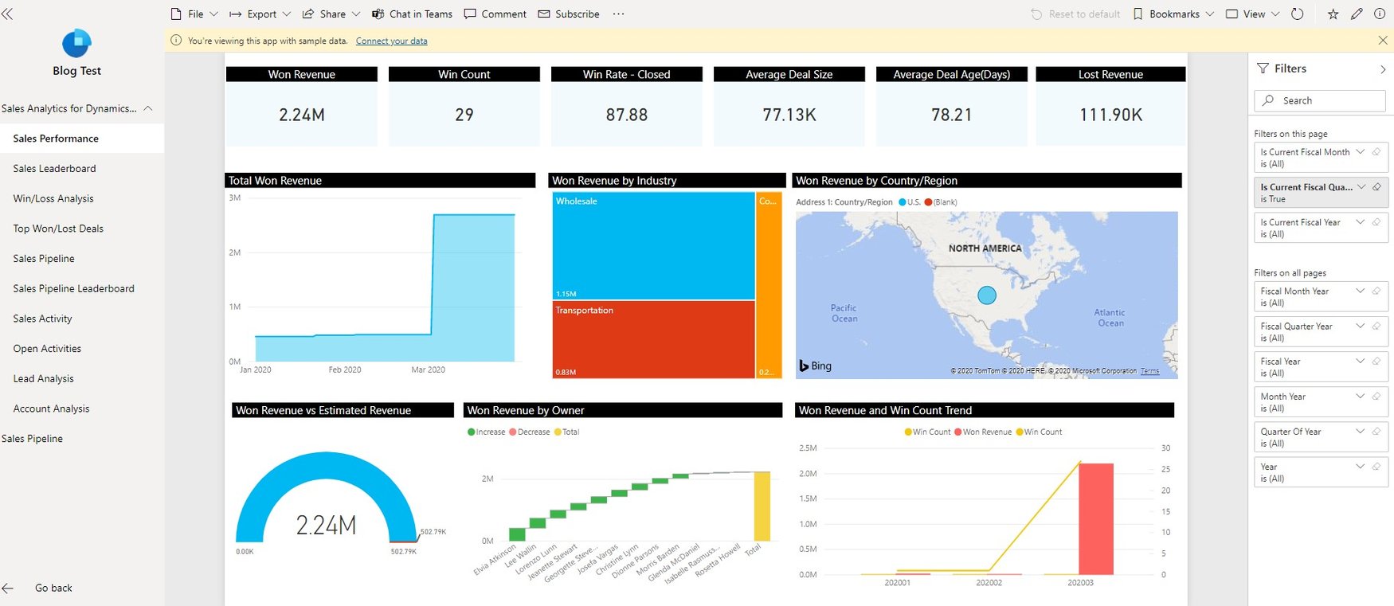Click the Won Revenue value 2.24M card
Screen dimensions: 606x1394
click(302, 115)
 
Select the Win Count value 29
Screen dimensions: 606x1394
click(464, 115)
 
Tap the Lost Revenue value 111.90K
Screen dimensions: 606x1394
click(1110, 115)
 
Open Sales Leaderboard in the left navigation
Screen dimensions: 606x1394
click(54, 169)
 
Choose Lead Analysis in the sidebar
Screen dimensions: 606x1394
click(43, 379)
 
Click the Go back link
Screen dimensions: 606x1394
click(53, 588)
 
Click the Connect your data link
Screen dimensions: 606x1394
click(391, 41)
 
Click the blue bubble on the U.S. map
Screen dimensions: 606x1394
click(986, 295)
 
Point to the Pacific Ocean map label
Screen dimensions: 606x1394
click(844, 313)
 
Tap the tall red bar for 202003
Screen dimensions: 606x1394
click(1095, 518)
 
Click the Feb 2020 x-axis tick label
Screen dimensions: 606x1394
click(344, 370)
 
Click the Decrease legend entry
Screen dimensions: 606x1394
click(533, 432)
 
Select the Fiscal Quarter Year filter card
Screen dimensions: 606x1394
click(1320, 332)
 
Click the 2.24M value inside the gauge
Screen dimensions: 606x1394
click(326, 526)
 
